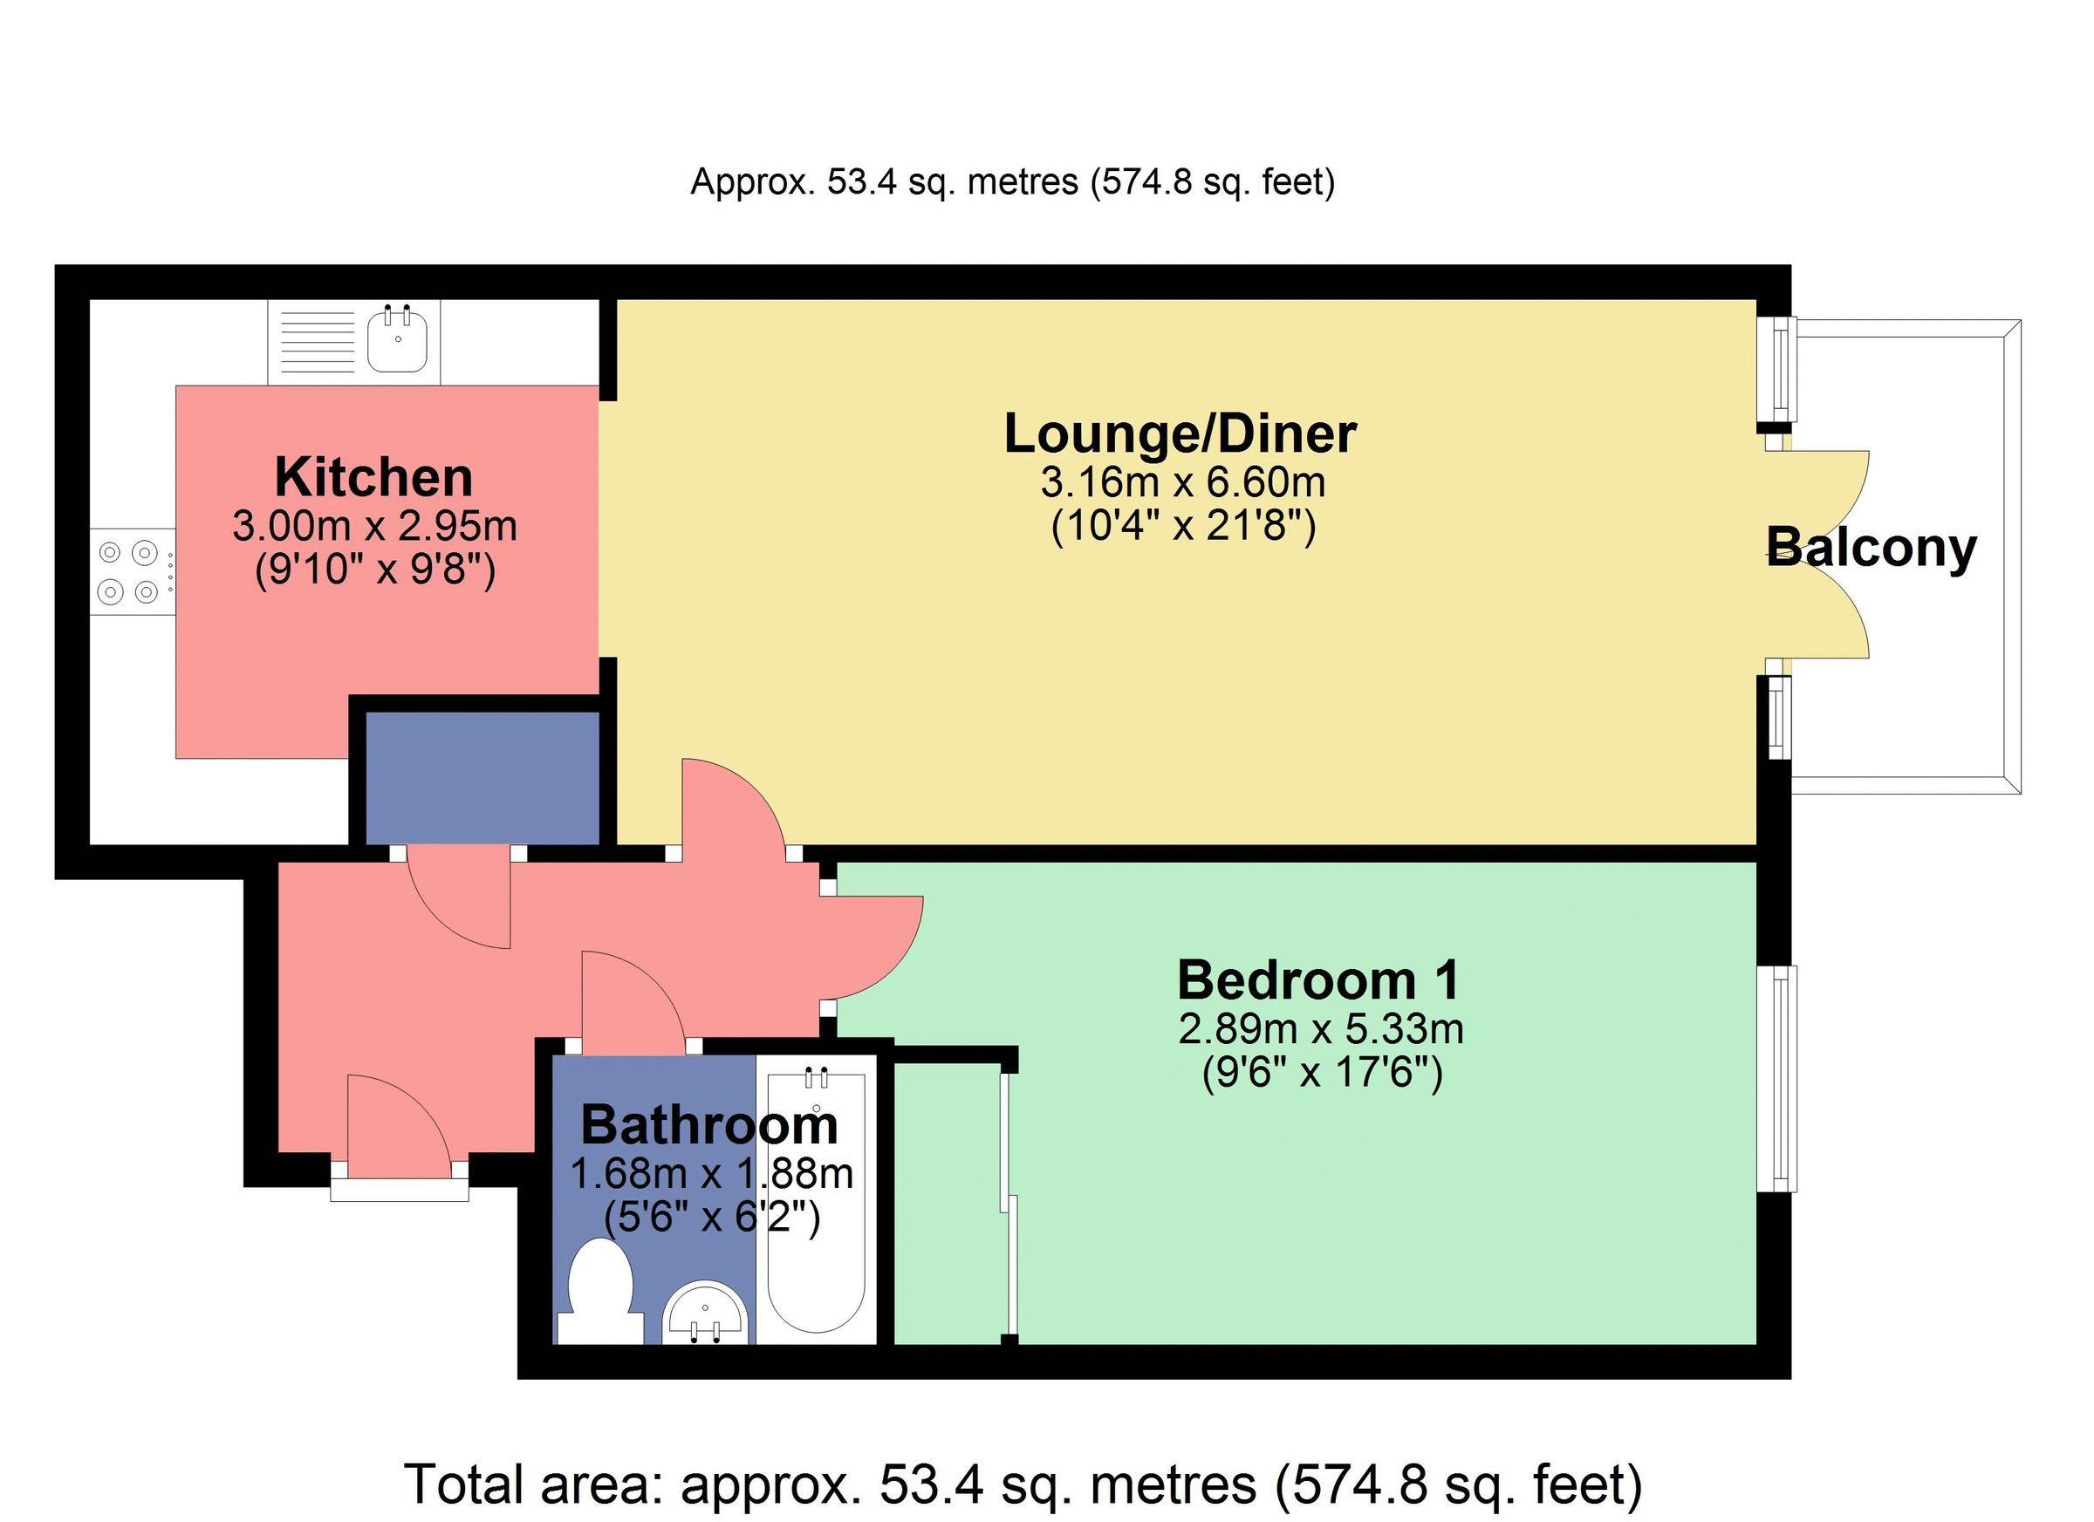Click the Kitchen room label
point(374,478)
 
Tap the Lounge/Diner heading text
point(1180,434)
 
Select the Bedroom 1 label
point(1318,980)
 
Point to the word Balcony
point(1872,549)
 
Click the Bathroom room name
point(709,1125)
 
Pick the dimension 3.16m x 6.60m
point(1183,481)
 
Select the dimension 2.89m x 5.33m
point(1321,1028)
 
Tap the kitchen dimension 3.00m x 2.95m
point(374,527)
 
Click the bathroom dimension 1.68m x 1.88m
point(711,1174)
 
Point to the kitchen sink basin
point(397,338)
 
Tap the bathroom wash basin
point(707,1314)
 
